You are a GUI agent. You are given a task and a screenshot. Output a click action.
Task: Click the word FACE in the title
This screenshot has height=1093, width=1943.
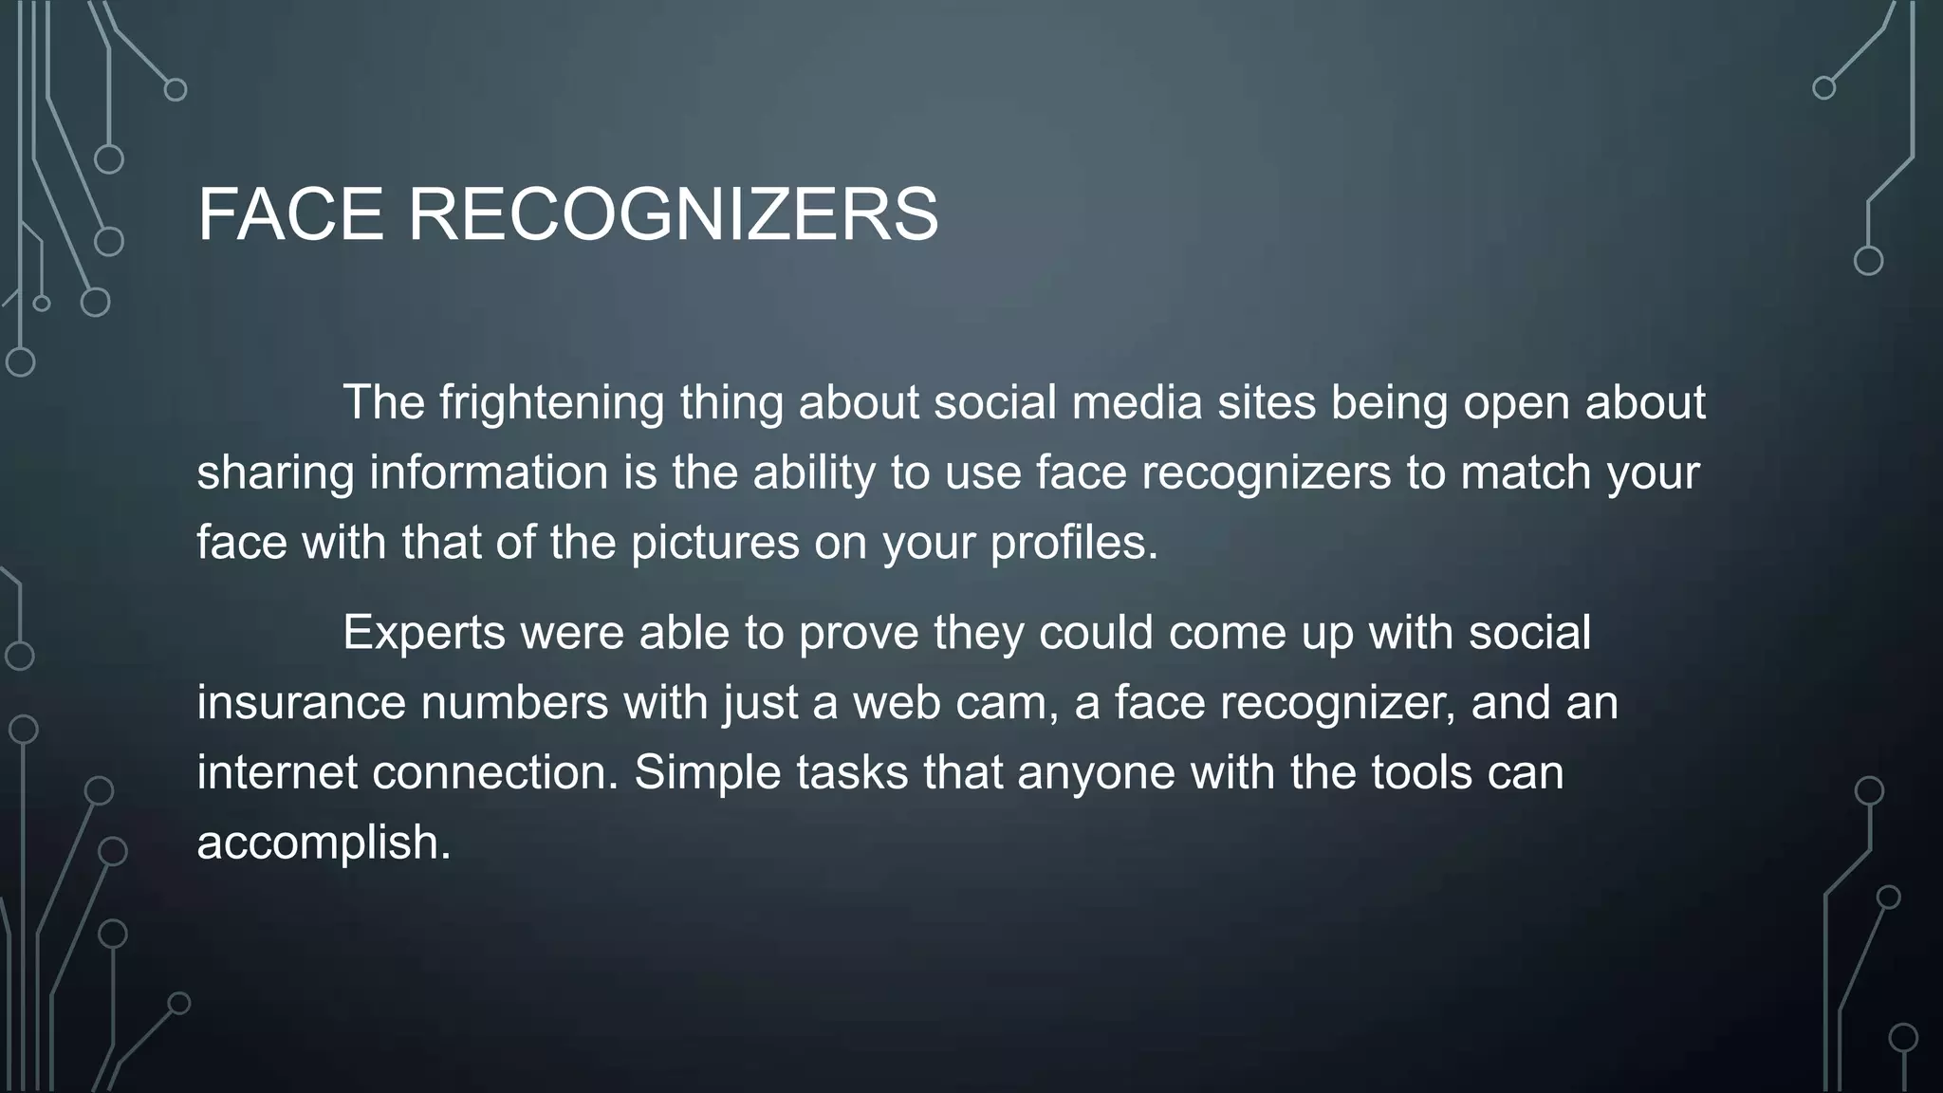(x=290, y=214)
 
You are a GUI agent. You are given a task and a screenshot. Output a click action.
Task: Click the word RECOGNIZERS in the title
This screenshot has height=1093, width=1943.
(x=674, y=214)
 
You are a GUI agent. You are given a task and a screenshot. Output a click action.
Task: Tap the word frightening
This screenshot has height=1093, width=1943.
(x=551, y=402)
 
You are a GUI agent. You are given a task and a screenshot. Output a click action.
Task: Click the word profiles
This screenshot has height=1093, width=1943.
(x=1074, y=543)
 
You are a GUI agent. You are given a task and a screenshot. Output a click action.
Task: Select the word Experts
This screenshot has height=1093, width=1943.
(x=423, y=632)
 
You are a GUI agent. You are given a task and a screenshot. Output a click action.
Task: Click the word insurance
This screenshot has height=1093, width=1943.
(x=301, y=702)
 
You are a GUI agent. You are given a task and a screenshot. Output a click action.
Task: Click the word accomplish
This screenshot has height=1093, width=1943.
(x=324, y=843)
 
